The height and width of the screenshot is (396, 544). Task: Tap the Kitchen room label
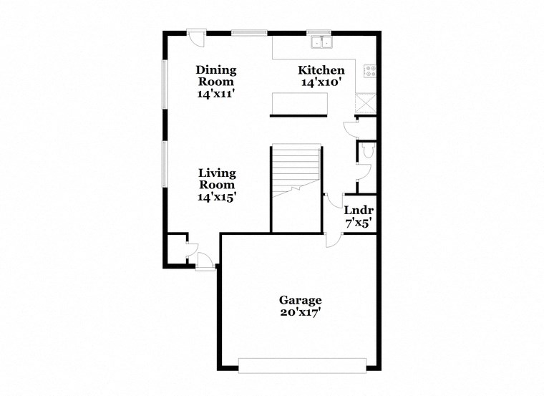click(321, 70)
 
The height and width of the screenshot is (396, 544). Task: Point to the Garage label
click(300, 300)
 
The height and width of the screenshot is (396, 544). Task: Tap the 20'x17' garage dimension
click(300, 313)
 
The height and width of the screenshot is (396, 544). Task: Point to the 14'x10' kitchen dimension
click(321, 82)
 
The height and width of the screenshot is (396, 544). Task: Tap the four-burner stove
click(370, 71)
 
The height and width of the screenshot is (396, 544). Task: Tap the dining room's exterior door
click(195, 36)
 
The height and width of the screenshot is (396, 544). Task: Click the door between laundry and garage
click(332, 239)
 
